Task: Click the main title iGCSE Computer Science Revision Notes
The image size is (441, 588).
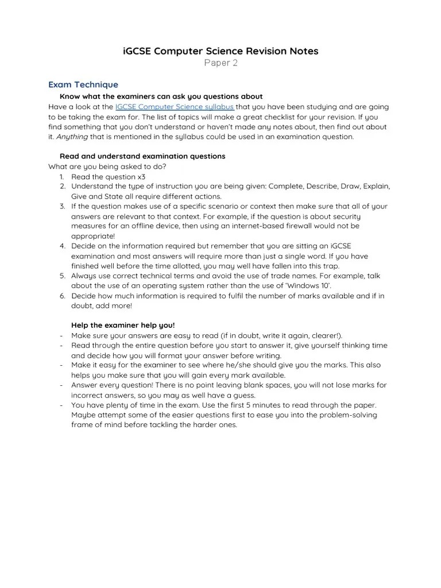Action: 220,51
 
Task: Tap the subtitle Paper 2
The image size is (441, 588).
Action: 220,63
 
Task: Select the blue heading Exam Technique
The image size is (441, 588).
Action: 83,84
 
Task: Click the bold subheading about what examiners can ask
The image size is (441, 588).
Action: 161,96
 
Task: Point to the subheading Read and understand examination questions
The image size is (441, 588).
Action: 142,156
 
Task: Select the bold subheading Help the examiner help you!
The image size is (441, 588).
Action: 123,325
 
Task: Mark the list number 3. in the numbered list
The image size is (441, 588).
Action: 63,206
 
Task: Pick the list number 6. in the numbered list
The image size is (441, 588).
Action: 63,296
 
